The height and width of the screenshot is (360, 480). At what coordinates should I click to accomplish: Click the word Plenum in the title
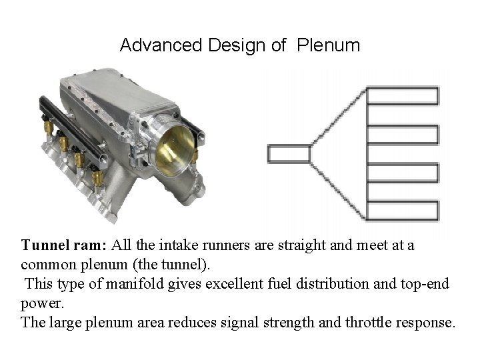pos(328,45)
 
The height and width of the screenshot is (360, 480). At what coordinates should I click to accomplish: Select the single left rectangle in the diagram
pos(289,154)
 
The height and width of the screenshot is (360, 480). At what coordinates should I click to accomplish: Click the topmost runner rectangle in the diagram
pos(403,96)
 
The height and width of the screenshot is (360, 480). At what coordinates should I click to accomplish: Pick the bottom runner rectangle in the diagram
pos(403,211)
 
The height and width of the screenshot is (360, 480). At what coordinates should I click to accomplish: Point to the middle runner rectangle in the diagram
pos(403,153)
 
